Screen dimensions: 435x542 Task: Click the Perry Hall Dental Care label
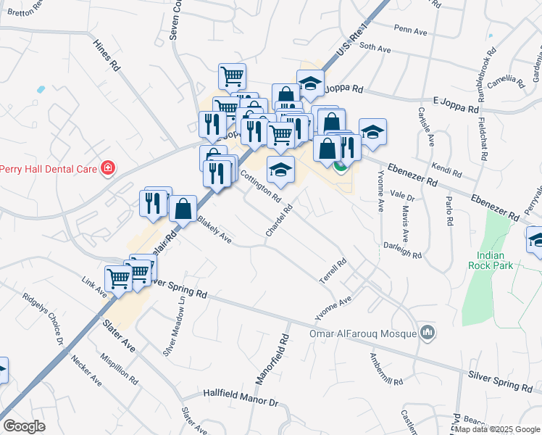tap(49, 168)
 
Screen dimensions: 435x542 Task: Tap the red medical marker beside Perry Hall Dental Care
tap(108, 168)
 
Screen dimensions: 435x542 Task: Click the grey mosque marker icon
tap(428, 333)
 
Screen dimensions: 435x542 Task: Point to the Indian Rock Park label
tap(496, 260)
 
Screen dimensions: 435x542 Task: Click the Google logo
tap(24, 426)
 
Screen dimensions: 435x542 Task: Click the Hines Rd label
tap(106, 54)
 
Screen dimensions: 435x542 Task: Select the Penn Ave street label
tap(412, 29)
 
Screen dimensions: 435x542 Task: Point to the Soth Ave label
tap(375, 48)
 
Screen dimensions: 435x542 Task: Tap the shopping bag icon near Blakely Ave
tap(183, 208)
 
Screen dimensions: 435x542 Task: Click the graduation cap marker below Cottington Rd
tap(280, 170)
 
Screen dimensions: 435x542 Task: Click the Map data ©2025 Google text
tap(497, 429)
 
